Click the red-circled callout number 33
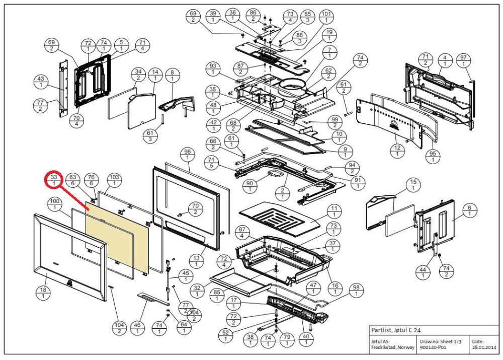coord(54,180)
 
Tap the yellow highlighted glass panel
coord(118,237)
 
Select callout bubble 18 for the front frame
coord(43,293)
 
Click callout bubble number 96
coord(188,155)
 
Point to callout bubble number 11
coord(332,211)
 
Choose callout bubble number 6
coord(470,211)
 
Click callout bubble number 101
coord(326,17)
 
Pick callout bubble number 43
coord(40,83)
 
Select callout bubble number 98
coord(357,290)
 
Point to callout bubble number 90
coord(249,186)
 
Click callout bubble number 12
coord(397,151)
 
